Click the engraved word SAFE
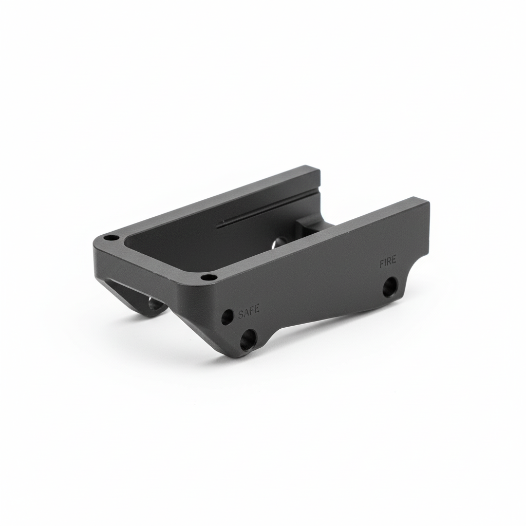point(249,310)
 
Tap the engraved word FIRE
point(388,262)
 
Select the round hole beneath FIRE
point(390,287)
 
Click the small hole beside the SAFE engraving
point(227,317)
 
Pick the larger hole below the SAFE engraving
point(249,340)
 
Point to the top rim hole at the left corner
point(109,238)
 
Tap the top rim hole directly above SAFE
point(208,277)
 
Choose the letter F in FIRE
point(382,264)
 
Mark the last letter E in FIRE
point(394,261)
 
